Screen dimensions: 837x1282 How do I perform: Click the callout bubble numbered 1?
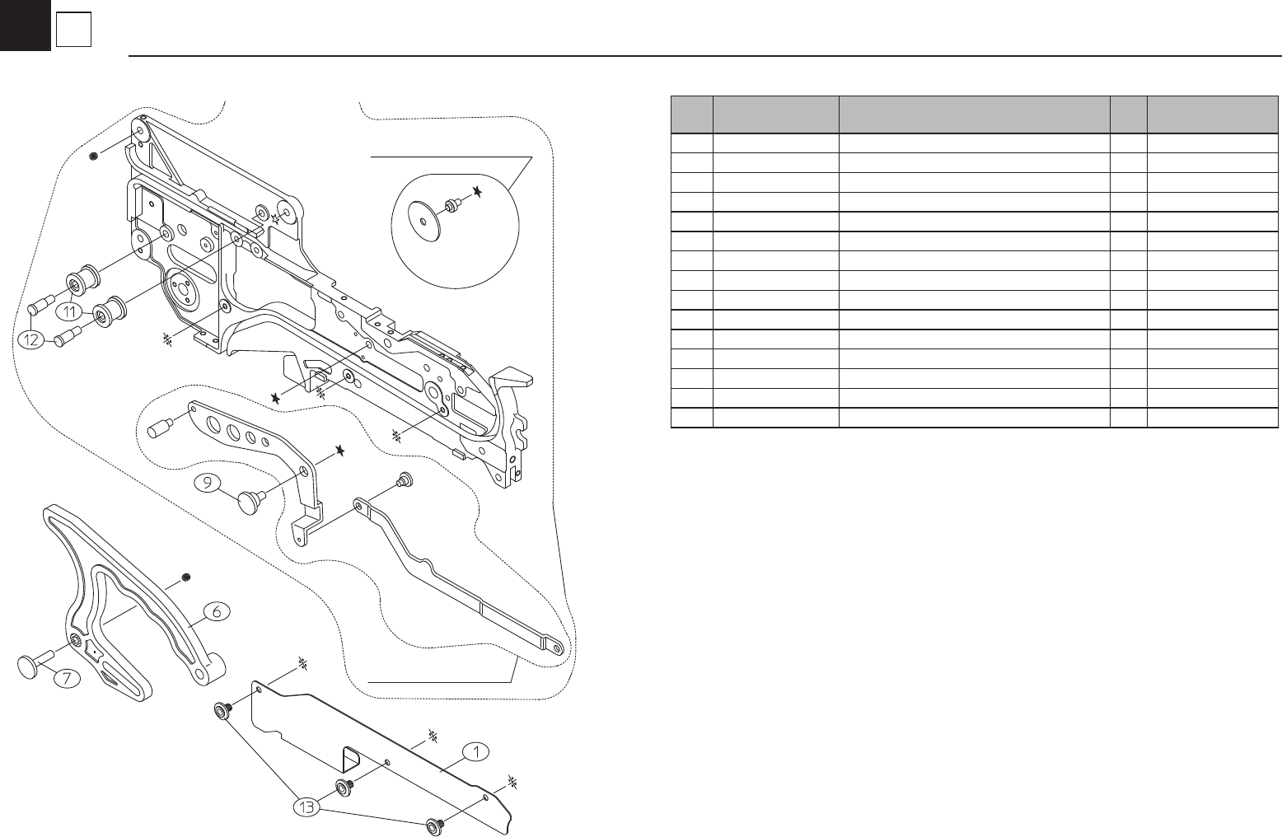[x=475, y=751]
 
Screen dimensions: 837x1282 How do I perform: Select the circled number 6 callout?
[x=216, y=611]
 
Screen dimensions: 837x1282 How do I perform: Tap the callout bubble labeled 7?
[x=68, y=678]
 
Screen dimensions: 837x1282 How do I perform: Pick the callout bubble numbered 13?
[x=307, y=808]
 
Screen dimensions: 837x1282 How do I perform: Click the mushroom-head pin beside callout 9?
[x=249, y=500]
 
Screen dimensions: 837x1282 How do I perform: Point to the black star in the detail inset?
[x=477, y=192]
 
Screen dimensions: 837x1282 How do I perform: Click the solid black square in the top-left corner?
[x=25, y=25]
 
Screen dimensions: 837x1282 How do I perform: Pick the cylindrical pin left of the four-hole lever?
[x=158, y=429]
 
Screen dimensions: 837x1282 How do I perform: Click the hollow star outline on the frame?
[x=275, y=219]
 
